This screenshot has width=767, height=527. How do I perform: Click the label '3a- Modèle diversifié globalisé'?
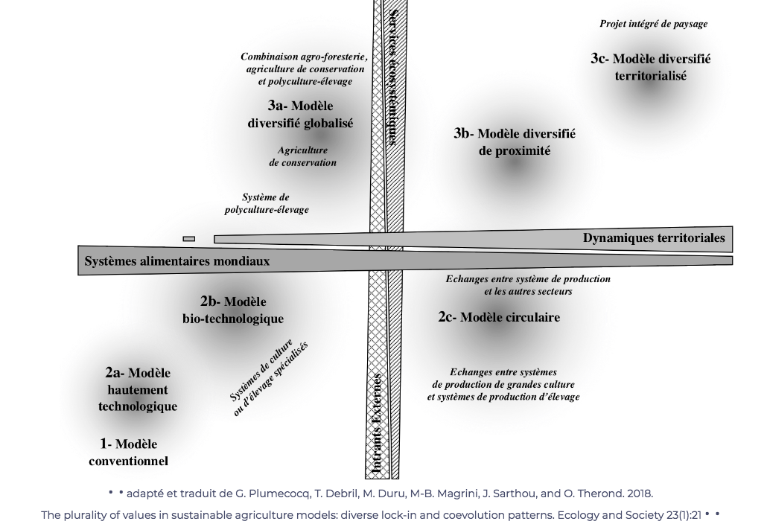pyautogui.click(x=300, y=115)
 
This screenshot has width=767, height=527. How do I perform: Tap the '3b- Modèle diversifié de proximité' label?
pyautogui.click(x=515, y=141)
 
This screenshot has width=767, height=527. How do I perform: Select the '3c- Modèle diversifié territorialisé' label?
pyautogui.click(x=651, y=67)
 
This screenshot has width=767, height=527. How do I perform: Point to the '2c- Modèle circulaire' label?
pyautogui.click(x=499, y=317)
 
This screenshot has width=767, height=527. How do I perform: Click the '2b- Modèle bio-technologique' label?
pyautogui.click(x=233, y=310)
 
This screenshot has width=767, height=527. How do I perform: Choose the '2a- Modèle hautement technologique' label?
pyautogui.click(x=138, y=389)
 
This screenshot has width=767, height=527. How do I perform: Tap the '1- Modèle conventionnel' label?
pyautogui.click(x=129, y=453)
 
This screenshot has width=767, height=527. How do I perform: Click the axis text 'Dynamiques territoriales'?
pyautogui.click(x=654, y=238)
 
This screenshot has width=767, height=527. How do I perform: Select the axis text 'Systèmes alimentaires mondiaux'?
pyautogui.click(x=177, y=261)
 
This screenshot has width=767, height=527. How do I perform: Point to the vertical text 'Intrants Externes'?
pyautogui.click(x=377, y=424)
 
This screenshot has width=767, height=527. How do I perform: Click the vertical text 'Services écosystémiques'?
pyautogui.click(x=393, y=78)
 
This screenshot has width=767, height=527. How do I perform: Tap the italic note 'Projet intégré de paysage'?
pyautogui.click(x=654, y=24)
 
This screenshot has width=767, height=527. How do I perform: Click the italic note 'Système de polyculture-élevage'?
pyautogui.click(x=267, y=203)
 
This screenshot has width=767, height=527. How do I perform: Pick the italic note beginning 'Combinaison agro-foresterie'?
pyautogui.click(x=305, y=69)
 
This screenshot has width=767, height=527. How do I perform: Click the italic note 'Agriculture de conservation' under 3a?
pyautogui.click(x=303, y=156)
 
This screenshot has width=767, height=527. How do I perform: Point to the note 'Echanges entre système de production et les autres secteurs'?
pyautogui.click(x=528, y=285)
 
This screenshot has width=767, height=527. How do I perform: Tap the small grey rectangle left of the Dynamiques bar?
pyautogui.click(x=189, y=239)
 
